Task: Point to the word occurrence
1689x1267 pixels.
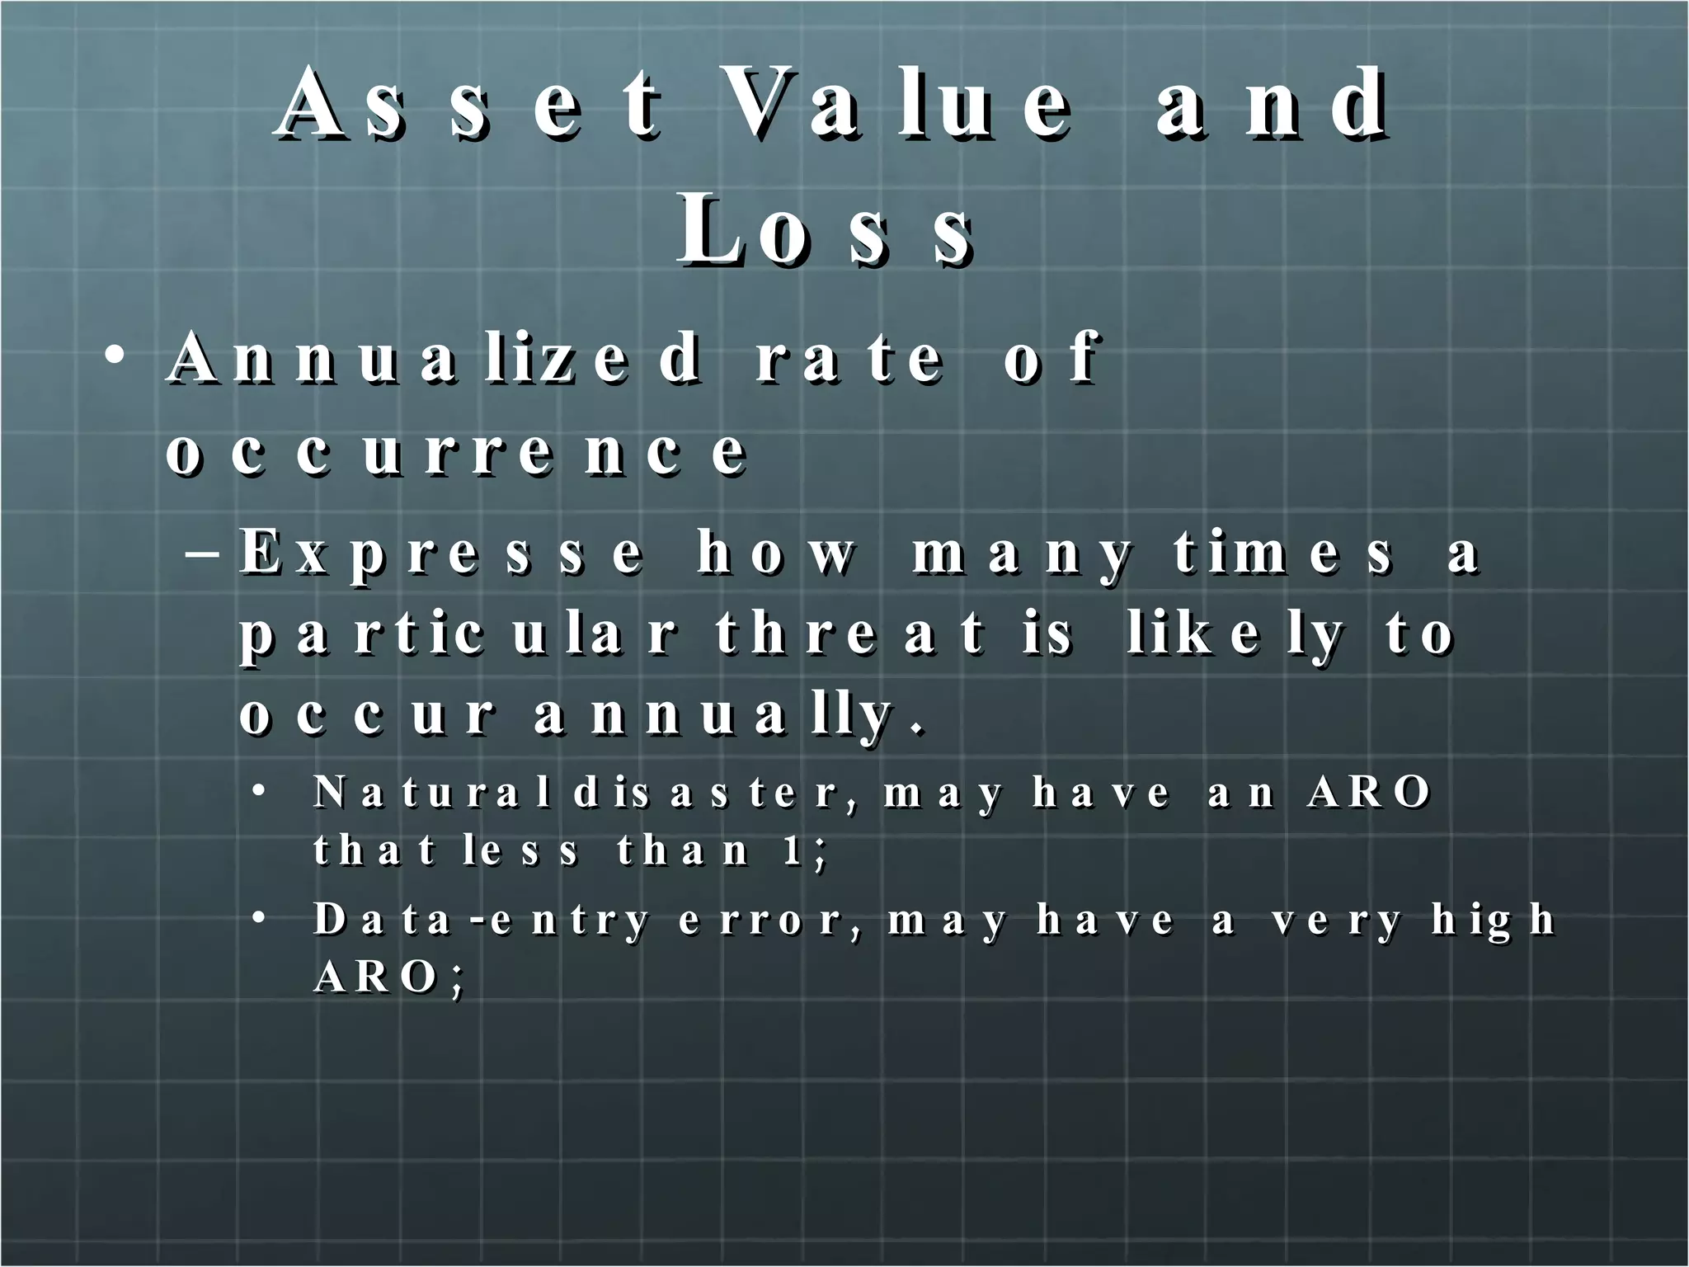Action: (x=457, y=453)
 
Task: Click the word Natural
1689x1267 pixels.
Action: (x=432, y=794)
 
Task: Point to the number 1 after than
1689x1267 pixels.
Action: (x=793, y=850)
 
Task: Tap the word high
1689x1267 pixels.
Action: (x=1493, y=921)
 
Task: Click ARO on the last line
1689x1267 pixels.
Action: (x=376, y=978)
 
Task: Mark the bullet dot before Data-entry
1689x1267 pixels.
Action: (x=259, y=919)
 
